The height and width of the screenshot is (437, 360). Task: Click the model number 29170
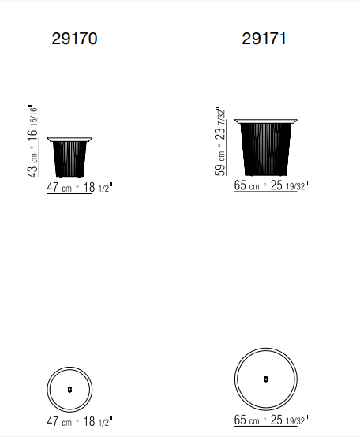coord(74,39)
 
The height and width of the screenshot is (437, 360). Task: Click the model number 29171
coord(264,39)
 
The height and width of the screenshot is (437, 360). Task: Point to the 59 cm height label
coord(220,163)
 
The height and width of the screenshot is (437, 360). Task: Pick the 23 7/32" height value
coord(220,123)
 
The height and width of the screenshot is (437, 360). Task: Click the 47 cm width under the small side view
coord(59,187)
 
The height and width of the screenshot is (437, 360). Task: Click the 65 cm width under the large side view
coord(247,185)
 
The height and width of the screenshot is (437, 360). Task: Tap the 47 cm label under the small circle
coord(59,421)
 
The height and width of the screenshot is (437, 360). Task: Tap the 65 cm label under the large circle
coord(247,420)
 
